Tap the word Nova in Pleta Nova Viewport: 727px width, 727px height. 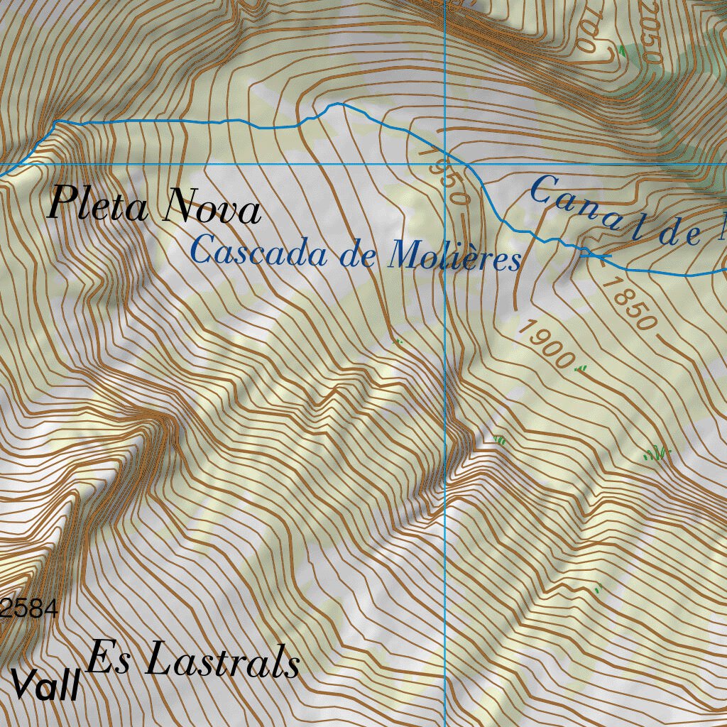point(212,208)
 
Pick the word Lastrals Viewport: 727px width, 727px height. point(222,662)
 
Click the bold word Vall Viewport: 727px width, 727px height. point(44,686)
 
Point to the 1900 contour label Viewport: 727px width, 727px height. point(545,343)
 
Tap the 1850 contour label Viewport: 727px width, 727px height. point(627,303)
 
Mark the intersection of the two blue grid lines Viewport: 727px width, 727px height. point(444,164)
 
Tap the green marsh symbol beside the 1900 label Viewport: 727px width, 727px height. point(581,368)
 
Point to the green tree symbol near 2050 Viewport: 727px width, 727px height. point(623,50)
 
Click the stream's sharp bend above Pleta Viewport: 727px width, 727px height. point(55,123)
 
